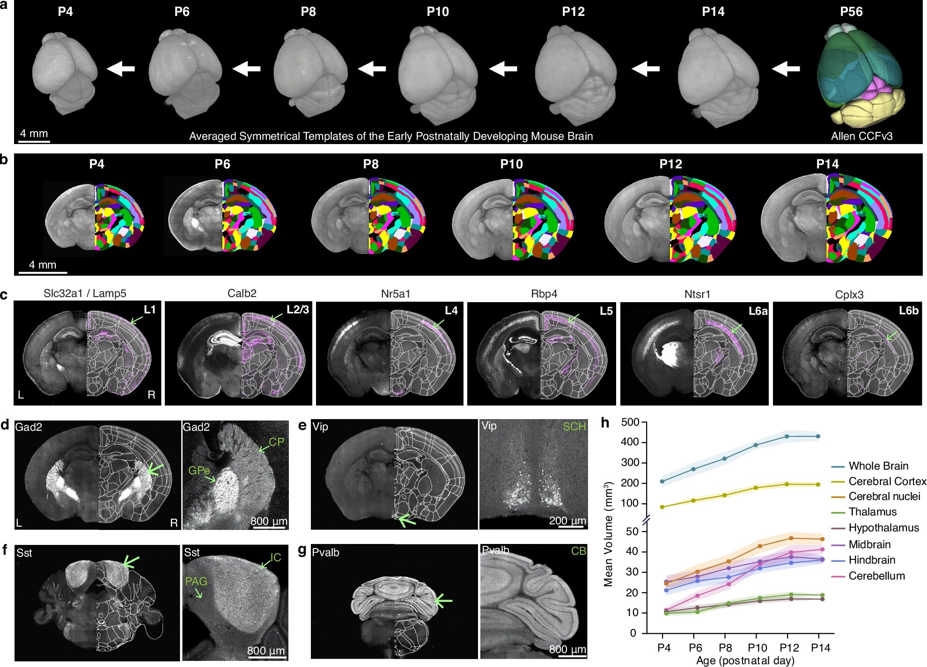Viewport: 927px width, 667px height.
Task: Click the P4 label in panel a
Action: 65,12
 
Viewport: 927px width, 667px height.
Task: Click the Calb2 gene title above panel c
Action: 242,293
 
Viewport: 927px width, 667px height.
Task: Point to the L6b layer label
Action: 908,311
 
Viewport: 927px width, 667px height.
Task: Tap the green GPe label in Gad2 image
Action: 199,470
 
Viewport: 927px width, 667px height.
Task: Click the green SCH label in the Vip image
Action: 574,427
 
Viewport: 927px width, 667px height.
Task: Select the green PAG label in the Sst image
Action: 196,581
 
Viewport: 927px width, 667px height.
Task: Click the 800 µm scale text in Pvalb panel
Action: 567,649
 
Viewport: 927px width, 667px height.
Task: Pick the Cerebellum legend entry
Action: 876,576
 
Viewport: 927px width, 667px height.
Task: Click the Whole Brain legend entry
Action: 878,466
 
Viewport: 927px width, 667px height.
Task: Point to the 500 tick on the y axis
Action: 630,422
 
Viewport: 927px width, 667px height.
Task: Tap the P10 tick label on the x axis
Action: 757,647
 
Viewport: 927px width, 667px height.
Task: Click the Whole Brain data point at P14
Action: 818,436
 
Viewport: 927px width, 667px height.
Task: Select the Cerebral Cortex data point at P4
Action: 662,507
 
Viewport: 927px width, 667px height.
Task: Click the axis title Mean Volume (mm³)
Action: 608,533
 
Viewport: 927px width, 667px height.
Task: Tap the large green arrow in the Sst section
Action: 130,562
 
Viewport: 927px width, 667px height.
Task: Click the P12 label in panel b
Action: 670,164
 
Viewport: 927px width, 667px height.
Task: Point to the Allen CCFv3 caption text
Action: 861,136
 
